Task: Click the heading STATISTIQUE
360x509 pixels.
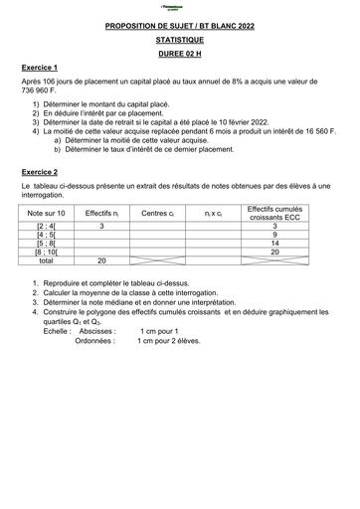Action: (179, 43)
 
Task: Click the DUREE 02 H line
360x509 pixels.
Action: (179, 58)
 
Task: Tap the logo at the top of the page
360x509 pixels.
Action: (179, 9)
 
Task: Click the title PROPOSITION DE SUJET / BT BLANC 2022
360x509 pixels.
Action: (179, 29)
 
